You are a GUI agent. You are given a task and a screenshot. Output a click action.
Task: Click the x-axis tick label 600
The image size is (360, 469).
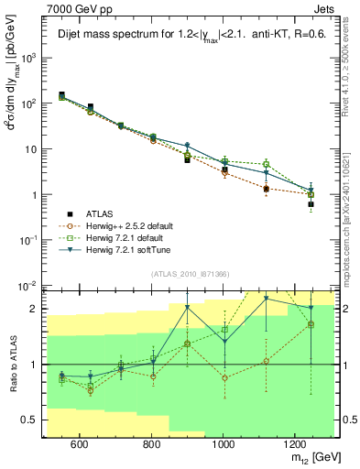coord(79,445)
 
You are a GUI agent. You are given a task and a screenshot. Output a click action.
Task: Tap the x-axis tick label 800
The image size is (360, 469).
coord(151,445)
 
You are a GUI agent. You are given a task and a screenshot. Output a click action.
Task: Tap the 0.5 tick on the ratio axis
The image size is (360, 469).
coord(35,420)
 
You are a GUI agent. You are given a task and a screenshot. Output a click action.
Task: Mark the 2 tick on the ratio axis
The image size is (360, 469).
coord(38,309)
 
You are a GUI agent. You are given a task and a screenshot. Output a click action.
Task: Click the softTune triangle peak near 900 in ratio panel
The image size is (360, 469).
coord(188,307)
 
